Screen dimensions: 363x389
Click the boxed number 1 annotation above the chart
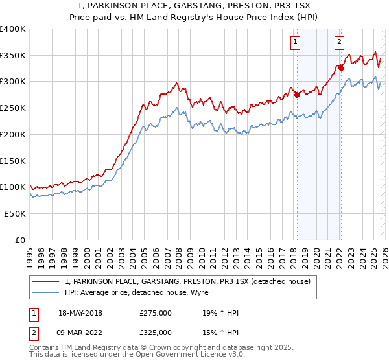[x=295, y=42]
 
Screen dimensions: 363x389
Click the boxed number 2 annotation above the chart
[x=339, y=42]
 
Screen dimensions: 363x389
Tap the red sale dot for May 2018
[x=297, y=95]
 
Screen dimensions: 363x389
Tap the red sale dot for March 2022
[x=341, y=67]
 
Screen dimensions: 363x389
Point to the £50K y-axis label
[x=15, y=213]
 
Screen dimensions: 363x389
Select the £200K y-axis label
[x=13, y=135]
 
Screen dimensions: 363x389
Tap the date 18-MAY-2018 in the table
[x=80, y=313]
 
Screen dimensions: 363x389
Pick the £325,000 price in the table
[x=155, y=333]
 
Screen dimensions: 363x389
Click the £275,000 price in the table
[x=155, y=313]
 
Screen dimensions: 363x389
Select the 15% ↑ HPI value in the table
[x=220, y=333]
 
